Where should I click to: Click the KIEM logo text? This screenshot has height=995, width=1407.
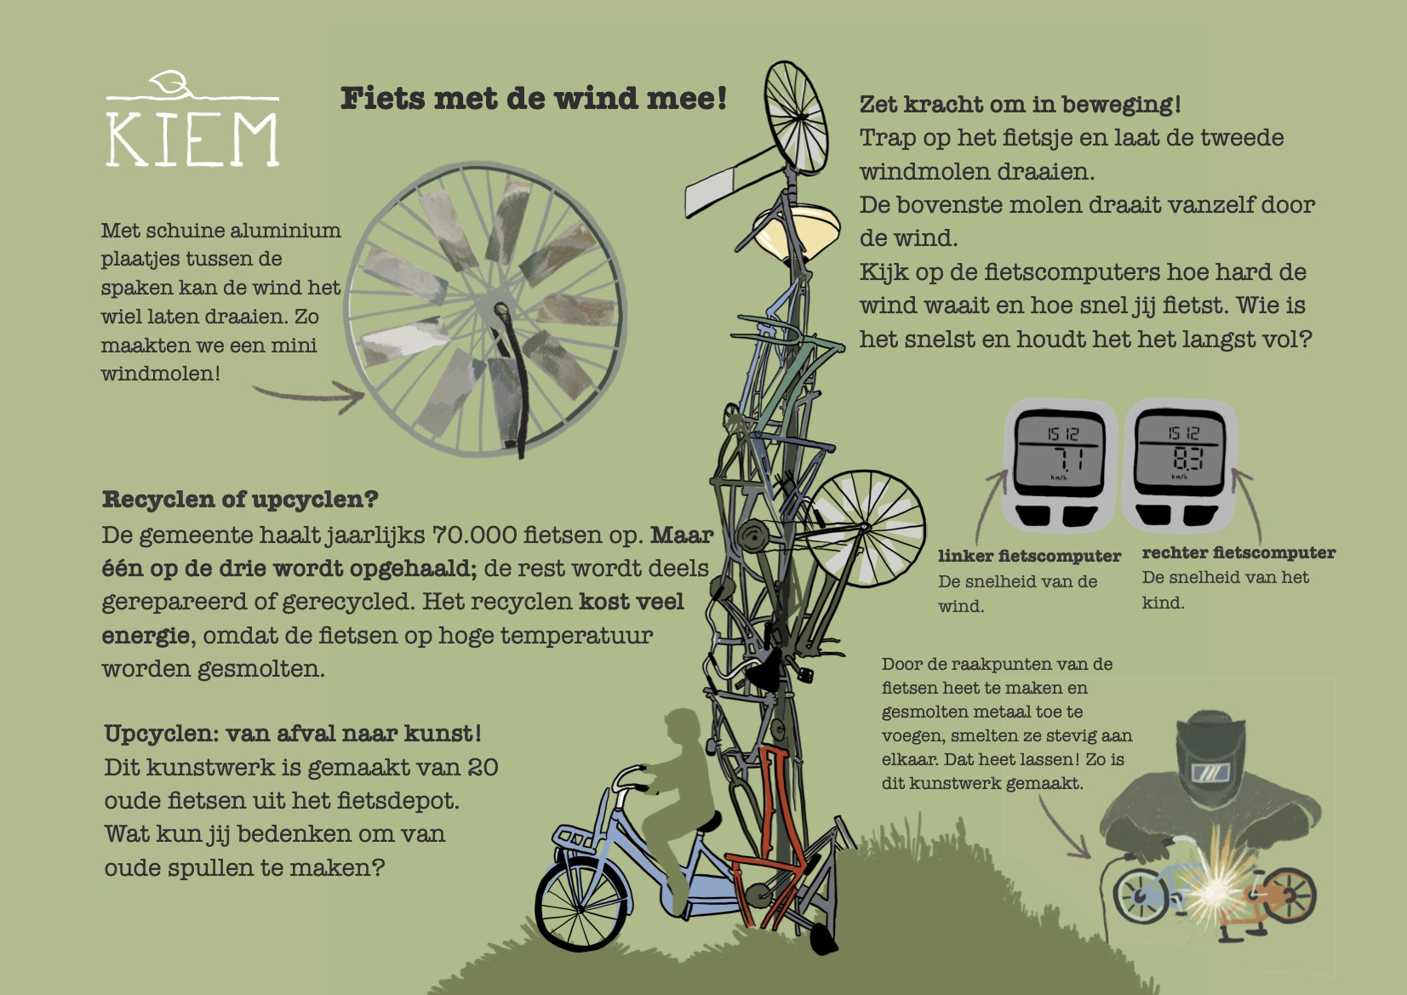[192, 140]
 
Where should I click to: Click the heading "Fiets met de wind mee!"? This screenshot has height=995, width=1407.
[534, 99]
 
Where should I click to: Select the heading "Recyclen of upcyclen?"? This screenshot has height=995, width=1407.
[240, 500]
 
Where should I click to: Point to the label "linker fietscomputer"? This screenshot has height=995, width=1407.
[1029, 556]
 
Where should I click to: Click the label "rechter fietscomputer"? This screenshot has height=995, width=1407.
[1238, 552]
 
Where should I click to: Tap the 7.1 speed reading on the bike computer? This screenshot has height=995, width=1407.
[1067, 459]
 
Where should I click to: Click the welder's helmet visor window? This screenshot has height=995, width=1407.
[1210, 772]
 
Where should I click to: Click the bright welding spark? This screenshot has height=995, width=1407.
[1216, 887]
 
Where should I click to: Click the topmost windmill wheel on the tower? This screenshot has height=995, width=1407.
[795, 117]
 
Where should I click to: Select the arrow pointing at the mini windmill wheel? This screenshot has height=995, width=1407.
[309, 397]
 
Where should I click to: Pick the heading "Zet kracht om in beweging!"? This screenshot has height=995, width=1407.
[1020, 105]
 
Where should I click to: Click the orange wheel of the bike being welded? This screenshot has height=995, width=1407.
[1289, 895]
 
